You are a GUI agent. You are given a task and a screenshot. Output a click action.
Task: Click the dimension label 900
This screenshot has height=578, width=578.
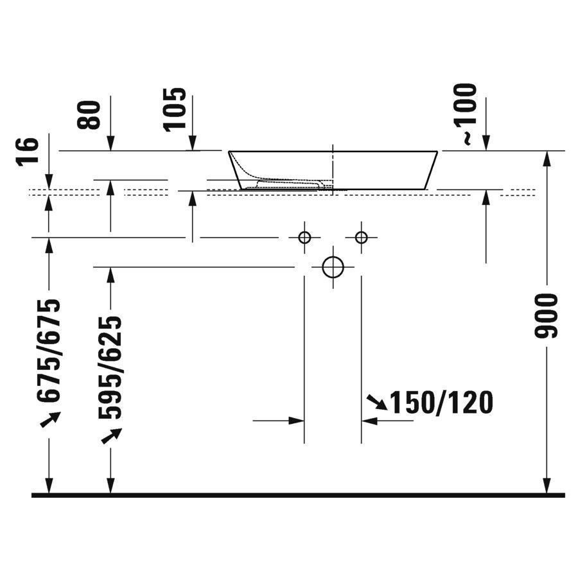(546, 316)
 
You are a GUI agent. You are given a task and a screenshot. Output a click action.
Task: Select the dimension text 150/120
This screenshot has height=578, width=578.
(441, 403)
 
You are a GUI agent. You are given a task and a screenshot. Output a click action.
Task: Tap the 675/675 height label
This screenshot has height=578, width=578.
(49, 350)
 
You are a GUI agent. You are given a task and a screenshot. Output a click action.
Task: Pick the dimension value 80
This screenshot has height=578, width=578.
(92, 114)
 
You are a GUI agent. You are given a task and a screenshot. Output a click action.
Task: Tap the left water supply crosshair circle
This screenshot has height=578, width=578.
(304, 238)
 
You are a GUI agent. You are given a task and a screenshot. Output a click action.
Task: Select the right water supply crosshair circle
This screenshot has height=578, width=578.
(361, 238)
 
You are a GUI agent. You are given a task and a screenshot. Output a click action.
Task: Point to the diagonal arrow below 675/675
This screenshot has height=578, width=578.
(49, 419)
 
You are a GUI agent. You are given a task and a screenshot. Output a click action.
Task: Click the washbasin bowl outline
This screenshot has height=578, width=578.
(333, 170)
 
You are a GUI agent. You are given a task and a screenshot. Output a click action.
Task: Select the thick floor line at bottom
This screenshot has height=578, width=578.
(298, 495)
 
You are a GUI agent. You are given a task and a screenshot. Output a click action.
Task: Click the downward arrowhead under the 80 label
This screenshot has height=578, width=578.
(110, 145)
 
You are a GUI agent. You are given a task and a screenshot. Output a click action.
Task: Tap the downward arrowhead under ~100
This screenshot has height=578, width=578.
(486, 145)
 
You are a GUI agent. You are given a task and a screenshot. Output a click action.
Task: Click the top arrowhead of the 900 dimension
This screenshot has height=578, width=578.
(547, 157)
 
